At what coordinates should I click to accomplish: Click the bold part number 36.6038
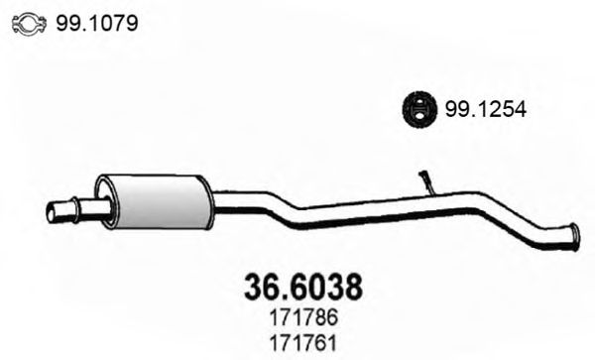click(x=302, y=286)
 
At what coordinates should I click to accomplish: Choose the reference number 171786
click(x=302, y=319)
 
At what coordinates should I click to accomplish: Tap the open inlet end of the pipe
click(x=53, y=211)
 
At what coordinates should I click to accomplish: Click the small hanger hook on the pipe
click(x=426, y=180)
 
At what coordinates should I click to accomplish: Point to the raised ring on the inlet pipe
click(x=78, y=210)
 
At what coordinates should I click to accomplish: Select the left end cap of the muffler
click(x=104, y=199)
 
